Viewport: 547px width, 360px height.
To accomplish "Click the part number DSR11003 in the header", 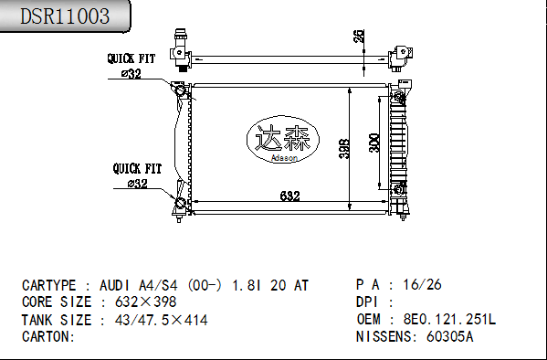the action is coord(65,16).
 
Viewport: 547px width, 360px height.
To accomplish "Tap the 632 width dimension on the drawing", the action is coord(289,196).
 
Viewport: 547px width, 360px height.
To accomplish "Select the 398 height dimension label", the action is coord(344,149).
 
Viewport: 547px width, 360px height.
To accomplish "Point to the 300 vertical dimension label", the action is coord(374,143).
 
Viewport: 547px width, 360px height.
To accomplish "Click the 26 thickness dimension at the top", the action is coord(359,36).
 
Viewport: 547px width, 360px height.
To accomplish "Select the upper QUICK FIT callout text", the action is coord(131,58).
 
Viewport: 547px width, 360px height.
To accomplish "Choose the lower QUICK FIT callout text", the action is coord(137,169).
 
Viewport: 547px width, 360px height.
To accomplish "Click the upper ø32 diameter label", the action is coord(131,74).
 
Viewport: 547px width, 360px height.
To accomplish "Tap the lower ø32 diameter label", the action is coord(138,184).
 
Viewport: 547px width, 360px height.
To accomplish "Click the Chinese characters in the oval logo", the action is coord(283,138).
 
